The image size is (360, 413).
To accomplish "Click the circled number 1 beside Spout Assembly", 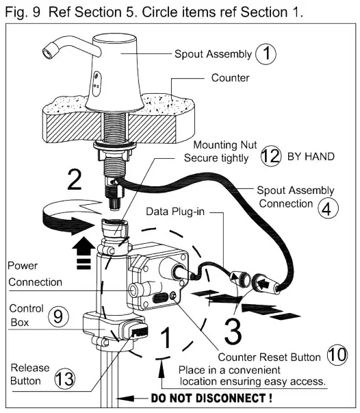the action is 266,53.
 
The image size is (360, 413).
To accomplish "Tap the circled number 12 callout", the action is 271,156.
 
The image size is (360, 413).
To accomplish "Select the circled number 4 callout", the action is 328,208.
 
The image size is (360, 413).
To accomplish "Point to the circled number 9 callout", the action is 58,316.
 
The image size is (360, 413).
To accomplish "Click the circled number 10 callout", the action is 337,355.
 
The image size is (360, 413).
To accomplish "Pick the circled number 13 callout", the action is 64,378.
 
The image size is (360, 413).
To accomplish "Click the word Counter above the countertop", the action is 230,77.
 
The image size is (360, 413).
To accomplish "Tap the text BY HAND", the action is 311,156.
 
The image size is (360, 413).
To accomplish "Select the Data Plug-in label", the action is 175,212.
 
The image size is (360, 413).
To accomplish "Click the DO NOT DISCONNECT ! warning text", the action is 212,398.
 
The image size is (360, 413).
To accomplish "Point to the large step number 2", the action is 75,179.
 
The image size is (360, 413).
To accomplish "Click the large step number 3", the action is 233,331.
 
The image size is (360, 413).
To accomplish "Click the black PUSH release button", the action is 139,332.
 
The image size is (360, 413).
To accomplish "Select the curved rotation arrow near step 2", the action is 70,216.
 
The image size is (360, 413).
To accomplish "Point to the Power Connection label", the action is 35,274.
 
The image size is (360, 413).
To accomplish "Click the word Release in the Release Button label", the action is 30,367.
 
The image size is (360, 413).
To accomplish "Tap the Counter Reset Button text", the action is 269,357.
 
